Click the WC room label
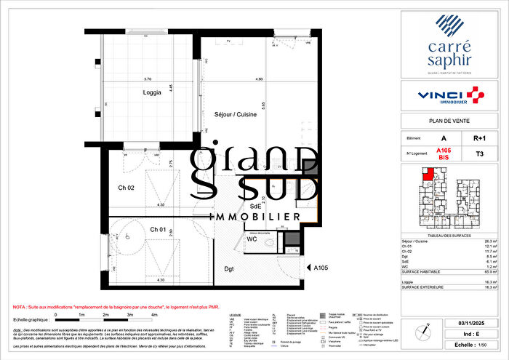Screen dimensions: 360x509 click(252, 238)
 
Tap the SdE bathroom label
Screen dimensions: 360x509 click(256, 206)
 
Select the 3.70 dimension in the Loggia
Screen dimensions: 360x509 click(148, 79)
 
